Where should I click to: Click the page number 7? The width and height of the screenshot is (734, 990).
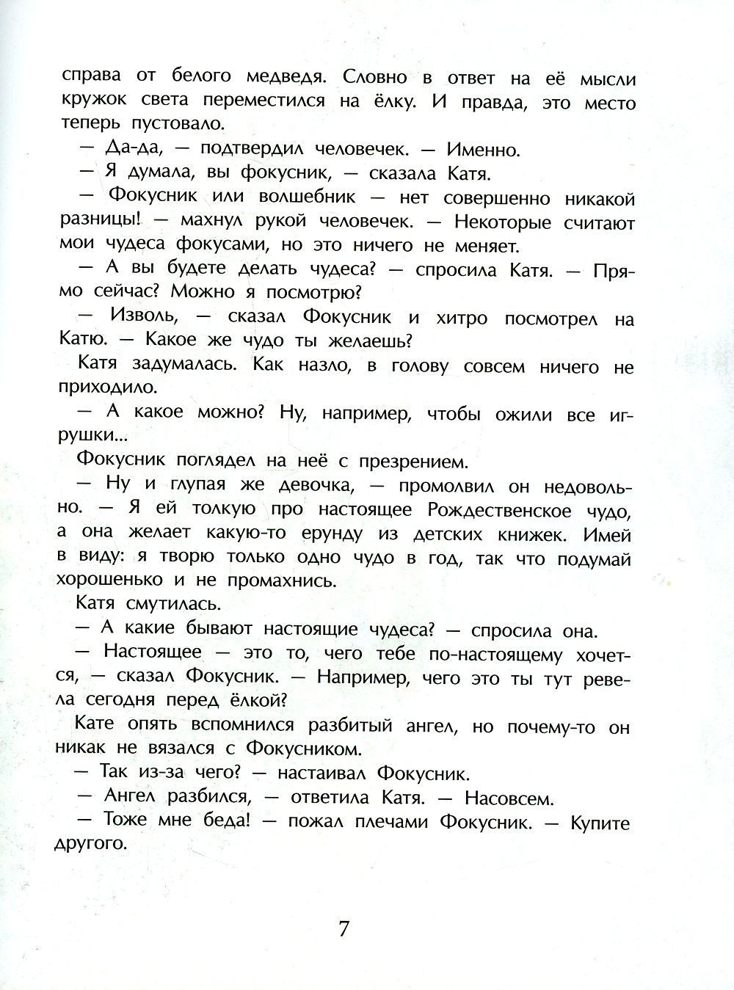344,929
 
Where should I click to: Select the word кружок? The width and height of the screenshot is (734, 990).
95,100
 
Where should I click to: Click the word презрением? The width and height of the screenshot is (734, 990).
413,462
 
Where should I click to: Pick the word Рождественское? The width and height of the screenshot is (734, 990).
500,509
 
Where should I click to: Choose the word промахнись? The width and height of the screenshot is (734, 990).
282,581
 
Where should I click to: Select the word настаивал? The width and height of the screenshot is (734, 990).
320,774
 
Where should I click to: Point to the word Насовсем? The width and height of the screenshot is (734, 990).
509,798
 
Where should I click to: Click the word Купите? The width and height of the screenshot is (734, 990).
600,823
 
